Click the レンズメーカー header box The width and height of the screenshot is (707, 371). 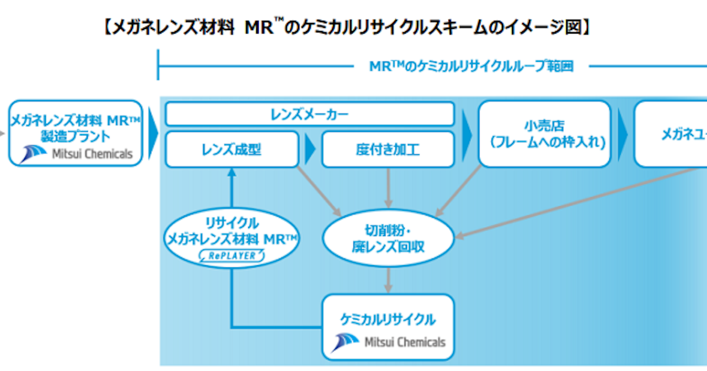point(309,114)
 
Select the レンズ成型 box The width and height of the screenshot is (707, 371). point(231,150)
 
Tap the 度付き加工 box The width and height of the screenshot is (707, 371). point(388,150)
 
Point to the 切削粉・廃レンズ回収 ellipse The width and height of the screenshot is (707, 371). point(388,238)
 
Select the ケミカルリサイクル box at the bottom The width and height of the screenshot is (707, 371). point(388,327)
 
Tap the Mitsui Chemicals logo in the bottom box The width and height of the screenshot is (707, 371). point(388,342)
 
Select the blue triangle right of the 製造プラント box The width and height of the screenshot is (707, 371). point(153,134)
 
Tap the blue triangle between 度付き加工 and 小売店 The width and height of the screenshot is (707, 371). point(467,134)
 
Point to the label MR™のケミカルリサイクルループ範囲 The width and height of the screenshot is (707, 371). point(471,66)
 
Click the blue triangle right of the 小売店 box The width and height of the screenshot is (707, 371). point(622,134)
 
